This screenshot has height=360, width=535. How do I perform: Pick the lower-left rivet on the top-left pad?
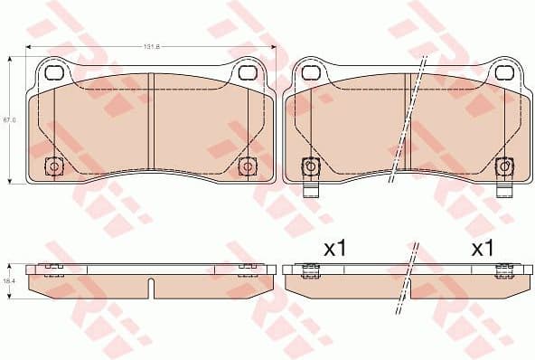click(53, 166)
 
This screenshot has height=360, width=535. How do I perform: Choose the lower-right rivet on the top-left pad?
click(248, 166)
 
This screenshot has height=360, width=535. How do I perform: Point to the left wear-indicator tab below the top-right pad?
click(309, 190)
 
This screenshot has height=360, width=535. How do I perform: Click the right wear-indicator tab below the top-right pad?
click(503, 190)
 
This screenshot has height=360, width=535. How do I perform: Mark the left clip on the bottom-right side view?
click(309, 268)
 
